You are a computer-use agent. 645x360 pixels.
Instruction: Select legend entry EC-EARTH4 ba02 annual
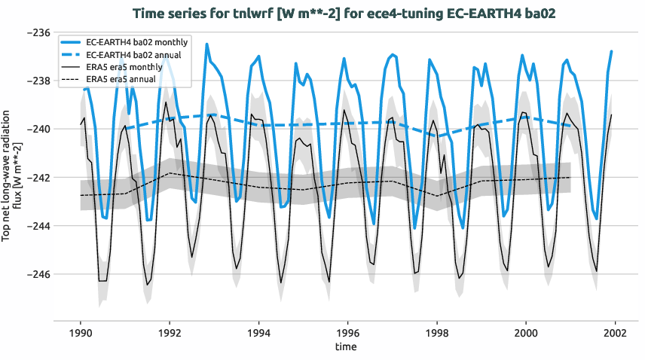(135, 55)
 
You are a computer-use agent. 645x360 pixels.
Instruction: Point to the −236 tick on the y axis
(37, 32)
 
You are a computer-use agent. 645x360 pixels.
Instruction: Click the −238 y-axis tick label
(37, 81)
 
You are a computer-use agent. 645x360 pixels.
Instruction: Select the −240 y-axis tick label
(37, 129)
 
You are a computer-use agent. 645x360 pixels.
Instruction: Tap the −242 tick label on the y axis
(37, 178)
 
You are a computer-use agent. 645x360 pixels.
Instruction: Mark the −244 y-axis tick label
(37, 226)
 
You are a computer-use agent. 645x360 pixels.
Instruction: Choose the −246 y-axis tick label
(37, 274)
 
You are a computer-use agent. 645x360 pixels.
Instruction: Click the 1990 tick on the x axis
(81, 332)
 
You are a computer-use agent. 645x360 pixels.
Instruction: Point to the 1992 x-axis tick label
(170, 332)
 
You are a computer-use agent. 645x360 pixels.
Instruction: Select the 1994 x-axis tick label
(258, 332)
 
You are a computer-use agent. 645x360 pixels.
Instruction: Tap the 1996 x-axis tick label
(347, 332)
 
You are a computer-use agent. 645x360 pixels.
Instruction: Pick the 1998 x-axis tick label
(436, 332)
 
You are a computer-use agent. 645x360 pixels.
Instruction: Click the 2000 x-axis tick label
(525, 332)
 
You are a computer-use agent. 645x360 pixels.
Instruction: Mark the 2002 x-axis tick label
(615, 332)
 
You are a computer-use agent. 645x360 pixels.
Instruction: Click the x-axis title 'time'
(347, 347)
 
